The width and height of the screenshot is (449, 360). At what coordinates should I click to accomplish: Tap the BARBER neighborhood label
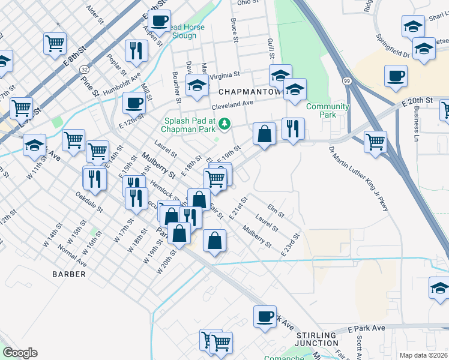click(69, 274)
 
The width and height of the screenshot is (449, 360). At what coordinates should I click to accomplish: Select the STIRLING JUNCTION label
click(316, 339)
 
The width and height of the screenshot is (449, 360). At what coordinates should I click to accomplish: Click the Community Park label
click(327, 110)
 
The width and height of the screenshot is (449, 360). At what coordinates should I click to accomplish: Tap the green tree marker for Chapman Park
click(224, 124)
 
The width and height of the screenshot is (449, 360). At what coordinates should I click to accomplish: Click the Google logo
click(20, 353)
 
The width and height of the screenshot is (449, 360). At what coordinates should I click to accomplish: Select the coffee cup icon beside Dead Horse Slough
click(159, 21)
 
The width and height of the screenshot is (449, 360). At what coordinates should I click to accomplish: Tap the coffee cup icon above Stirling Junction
click(264, 317)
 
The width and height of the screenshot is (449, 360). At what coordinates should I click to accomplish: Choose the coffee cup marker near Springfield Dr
click(396, 76)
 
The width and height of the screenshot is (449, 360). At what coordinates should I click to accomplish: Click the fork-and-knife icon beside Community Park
click(293, 128)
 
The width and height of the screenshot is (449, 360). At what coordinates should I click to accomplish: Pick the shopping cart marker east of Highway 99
click(375, 142)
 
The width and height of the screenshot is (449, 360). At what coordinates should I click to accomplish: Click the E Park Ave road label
click(366, 329)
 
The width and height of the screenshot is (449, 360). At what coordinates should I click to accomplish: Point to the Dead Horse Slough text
click(184, 31)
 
